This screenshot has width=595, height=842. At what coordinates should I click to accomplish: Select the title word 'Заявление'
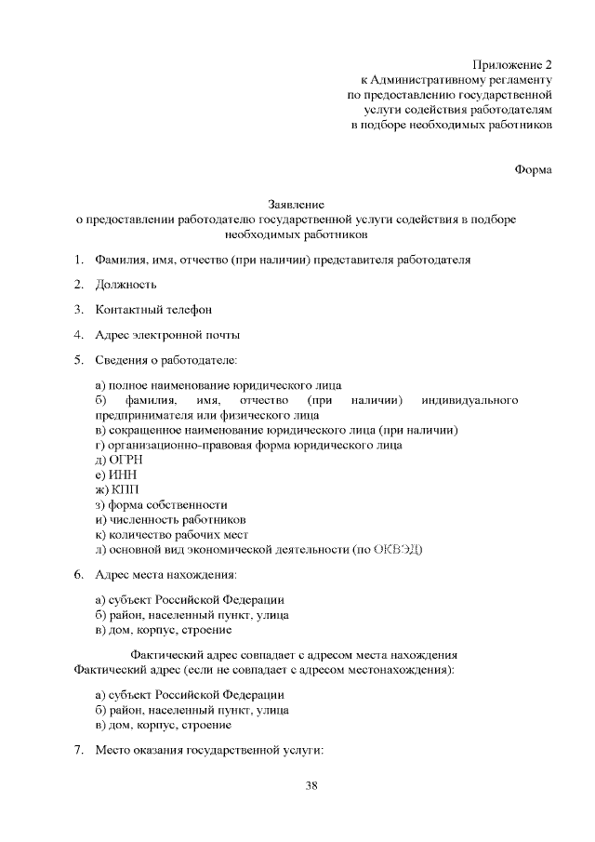pyautogui.click(x=297, y=204)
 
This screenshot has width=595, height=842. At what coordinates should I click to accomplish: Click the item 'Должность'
pyautogui.click(x=126, y=284)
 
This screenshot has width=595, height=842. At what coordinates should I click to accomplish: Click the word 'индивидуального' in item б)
pyautogui.click(x=469, y=399)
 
